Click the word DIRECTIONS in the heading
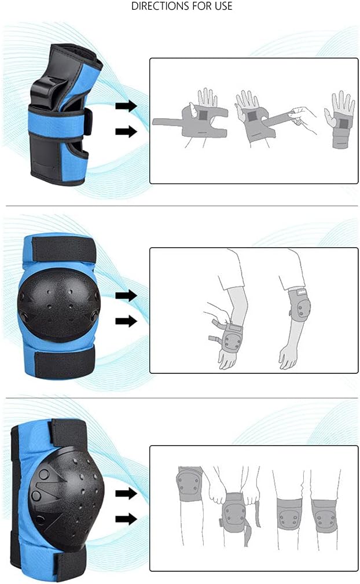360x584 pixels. pyautogui.click(x=160, y=6)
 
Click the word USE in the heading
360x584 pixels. pyautogui.click(x=222, y=6)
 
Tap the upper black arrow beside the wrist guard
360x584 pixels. pyautogui.click(x=126, y=106)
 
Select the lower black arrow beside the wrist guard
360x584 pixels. pyautogui.click(x=126, y=131)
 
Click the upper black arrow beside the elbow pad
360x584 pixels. pyautogui.click(x=126, y=296)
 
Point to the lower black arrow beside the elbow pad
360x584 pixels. pyautogui.click(x=126, y=321)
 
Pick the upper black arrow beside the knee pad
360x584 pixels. pyautogui.click(x=126, y=494)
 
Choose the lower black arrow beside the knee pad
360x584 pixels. pyautogui.click(x=126, y=519)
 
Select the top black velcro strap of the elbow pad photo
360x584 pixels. pyautogui.click(x=63, y=249)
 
